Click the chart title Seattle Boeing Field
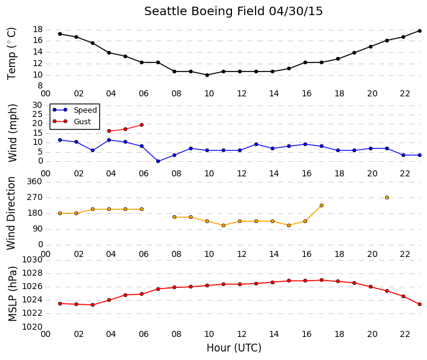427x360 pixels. click(x=204, y=12)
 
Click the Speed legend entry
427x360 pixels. click(x=74, y=110)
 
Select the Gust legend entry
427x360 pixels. click(x=71, y=121)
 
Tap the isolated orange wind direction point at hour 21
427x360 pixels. click(x=387, y=198)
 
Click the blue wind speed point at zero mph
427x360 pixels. click(x=158, y=161)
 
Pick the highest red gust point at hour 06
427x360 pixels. click(x=142, y=125)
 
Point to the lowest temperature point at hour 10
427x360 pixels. click(x=207, y=75)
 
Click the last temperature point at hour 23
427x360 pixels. click(x=420, y=31)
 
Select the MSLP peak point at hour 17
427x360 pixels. click(x=322, y=280)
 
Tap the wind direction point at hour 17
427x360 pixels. click(x=322, y=205)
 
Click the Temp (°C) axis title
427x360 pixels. click(x=12, y=54)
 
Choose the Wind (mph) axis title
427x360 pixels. click(x=12, y=133)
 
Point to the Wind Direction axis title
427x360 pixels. click(x=11, y=213)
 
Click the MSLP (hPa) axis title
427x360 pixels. click(x=12, y=294)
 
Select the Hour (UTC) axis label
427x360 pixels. click(x=234, y=348)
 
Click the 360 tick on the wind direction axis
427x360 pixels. click(x=35, y=181)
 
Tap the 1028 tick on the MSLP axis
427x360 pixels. click(x=32, y=273)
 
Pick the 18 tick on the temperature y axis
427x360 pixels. click(x=38, y=30)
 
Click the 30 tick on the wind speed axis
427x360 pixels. click(x=38, y=105)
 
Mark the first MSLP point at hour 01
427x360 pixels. click(x=60, y=304)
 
